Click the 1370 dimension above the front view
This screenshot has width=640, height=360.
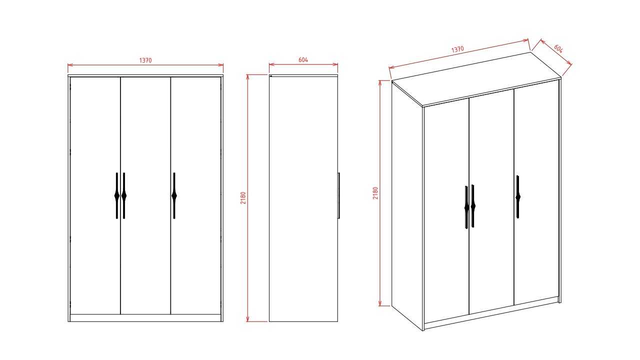click(145, 60)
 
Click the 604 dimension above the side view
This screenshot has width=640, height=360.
click(303, 59)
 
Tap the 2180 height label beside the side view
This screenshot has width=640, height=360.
click(243, 197)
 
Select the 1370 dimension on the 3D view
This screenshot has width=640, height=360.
click(457, 49)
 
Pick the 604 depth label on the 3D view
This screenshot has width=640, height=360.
click(558, 48)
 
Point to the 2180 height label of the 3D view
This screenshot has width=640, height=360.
click(375, 193)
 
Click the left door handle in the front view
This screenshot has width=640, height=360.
click(117, 195)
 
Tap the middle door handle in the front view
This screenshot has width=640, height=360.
click(124, 195)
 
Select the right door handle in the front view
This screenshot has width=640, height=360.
click(174, 195)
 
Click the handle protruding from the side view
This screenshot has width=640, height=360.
click(339, 195)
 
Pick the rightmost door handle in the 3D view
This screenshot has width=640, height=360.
click(518, 197)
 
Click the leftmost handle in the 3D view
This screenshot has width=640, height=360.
click(466, 207)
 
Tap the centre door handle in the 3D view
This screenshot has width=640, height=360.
click(473, 205)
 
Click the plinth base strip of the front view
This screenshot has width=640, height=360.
click(145, 318)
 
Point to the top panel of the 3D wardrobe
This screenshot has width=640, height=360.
click(476, 79)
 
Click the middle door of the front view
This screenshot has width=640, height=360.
click(145, 195)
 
